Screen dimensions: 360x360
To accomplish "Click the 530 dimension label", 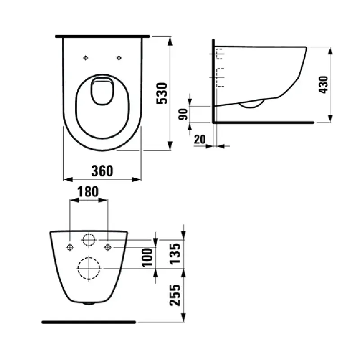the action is point(162,94).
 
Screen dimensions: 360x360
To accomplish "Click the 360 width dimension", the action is point(102,171).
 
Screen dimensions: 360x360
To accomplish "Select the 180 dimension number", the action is point(88,192).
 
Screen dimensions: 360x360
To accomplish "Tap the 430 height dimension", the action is point(323,85).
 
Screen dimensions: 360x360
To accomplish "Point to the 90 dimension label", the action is point(183,114).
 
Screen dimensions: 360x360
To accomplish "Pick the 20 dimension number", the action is point(200,139).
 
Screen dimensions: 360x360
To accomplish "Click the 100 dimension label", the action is point(147,257).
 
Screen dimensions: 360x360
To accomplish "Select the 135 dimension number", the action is point(175,254).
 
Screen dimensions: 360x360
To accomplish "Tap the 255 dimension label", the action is point(175,295).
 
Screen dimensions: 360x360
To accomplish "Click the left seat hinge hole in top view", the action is point(85,58).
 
